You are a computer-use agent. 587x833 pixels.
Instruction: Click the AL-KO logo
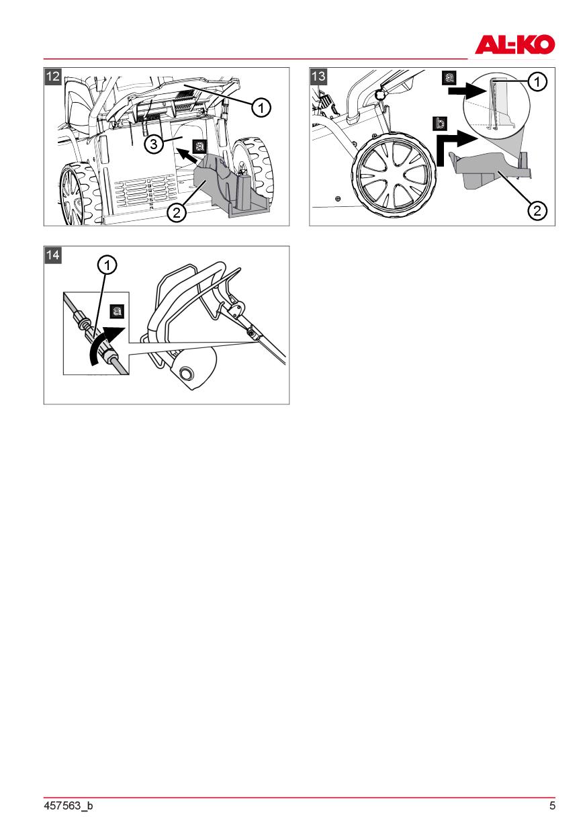click(514, 44)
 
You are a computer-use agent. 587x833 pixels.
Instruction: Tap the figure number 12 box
click(52, 76)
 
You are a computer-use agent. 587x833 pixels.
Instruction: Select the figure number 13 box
click(318, 76)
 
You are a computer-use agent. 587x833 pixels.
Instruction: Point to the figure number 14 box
click(52, 255)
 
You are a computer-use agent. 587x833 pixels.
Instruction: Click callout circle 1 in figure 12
click(261, 108)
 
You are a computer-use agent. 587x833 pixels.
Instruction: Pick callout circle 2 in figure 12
click(176, 212)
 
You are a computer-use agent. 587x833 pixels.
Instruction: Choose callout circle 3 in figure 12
click(153, 144)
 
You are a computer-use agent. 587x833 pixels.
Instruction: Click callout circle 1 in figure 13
click(537, 81)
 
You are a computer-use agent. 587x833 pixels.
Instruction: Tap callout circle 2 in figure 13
click(537, 211)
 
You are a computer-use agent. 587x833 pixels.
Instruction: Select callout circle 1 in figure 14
click(107, 265)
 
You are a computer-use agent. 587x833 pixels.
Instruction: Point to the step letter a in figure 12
click(199, 146)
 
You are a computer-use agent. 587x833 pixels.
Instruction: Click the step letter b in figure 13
click(440, 124)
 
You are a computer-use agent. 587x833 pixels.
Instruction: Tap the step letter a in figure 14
click(118, 311)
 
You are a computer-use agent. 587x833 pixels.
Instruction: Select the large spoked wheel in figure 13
click(394, 175)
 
